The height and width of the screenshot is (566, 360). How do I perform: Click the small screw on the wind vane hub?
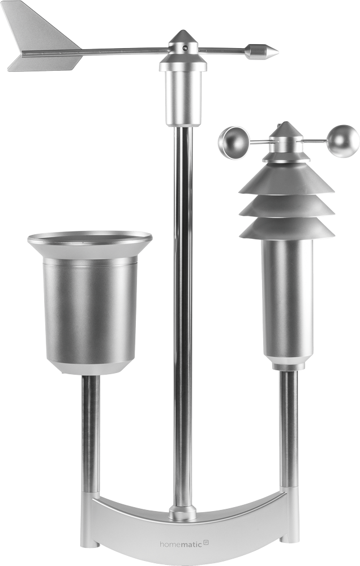pyautogui.click(x=185, y=48)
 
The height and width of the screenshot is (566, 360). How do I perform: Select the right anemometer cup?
pyautogui.click(x=344, y=141)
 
